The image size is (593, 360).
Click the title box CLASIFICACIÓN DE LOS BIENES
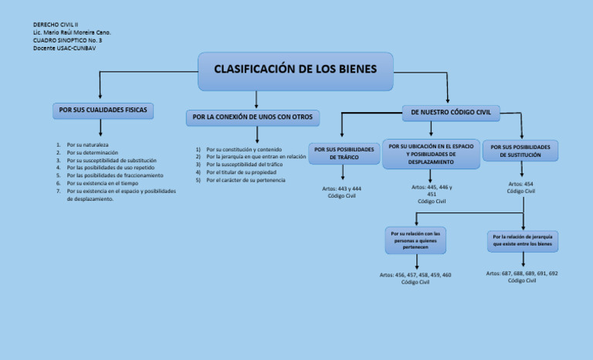296,70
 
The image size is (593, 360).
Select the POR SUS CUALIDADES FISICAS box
103,110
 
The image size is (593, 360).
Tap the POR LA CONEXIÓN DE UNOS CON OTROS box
252,117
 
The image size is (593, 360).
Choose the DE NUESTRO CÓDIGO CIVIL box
450,112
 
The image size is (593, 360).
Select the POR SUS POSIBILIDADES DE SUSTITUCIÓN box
520,151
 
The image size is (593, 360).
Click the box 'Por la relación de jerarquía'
523,240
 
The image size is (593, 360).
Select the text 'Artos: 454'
520,184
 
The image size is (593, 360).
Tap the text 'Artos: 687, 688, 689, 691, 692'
522,273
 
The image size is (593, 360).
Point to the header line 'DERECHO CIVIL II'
56,25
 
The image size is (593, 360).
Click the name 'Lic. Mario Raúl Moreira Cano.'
72,32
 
